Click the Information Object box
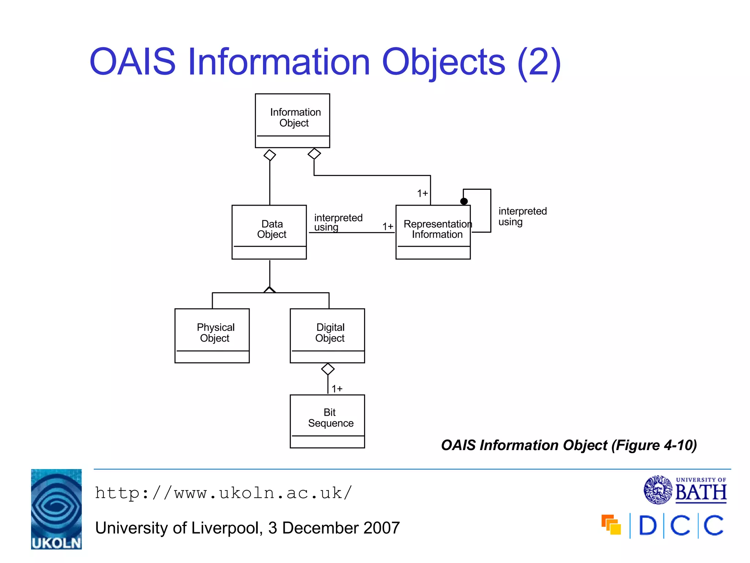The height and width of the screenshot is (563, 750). pos(292,121)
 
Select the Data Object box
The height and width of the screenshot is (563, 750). pos(269,232)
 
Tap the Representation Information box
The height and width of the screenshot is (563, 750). pos(433,232)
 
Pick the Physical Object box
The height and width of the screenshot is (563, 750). pos(212,335)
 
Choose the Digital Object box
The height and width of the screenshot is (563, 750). pos(327,335)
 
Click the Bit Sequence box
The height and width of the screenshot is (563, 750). pos(327,421)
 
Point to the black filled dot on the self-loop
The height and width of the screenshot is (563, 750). pos(464,201)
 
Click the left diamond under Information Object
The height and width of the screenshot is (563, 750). pos(270,155)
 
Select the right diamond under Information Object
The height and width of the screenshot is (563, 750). pos(314,154)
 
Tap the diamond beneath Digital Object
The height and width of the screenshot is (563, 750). pos(328,369)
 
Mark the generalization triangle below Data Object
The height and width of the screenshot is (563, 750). pos(270,290)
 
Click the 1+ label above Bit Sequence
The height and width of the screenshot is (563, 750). pos(337,389)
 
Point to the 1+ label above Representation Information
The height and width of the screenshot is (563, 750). pos(422,193)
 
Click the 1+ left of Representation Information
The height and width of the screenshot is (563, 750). pos(387,227)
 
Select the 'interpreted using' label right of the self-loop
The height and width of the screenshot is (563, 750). pos(522,216)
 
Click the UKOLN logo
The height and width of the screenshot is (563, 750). pos(56,509)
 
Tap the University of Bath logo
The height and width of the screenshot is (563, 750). pos(685,490)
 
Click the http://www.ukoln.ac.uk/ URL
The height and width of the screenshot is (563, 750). pos(223,493)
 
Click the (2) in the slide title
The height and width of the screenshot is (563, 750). pos(539,62)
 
